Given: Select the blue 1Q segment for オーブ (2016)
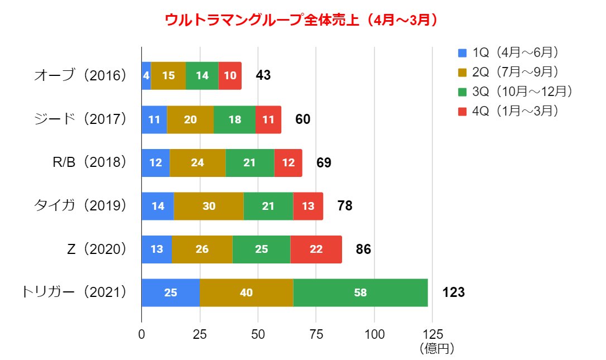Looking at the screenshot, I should pyautogui.click(x=146, y=75).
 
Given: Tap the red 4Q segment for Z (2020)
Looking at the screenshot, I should pyautogui.click(x=316, y=249).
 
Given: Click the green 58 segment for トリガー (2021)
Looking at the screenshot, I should pyautogui.click(x=360, y=292).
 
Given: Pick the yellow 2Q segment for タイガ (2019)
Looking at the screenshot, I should pyautogui.click(x=209, y=206).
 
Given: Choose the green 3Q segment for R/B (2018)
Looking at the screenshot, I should pyautogui.click(x=249, y=162).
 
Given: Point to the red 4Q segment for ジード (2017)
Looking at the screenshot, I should pyautogui.click(x=268, y=119).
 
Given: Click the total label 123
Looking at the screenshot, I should pyautogui.click(x=453, y=292).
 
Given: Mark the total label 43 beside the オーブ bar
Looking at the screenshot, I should pyautogui.click(x=263, y=75).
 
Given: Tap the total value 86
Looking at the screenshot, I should pyautogui.click(x=363, y=249).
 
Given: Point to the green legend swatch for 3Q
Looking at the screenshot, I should pyautogui.click(x=462, y=92).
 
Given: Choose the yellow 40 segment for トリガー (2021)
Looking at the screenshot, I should pyautogui.click(x=246, y=292).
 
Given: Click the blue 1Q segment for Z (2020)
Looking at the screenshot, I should pyautogui.click(x=157, y=249).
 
